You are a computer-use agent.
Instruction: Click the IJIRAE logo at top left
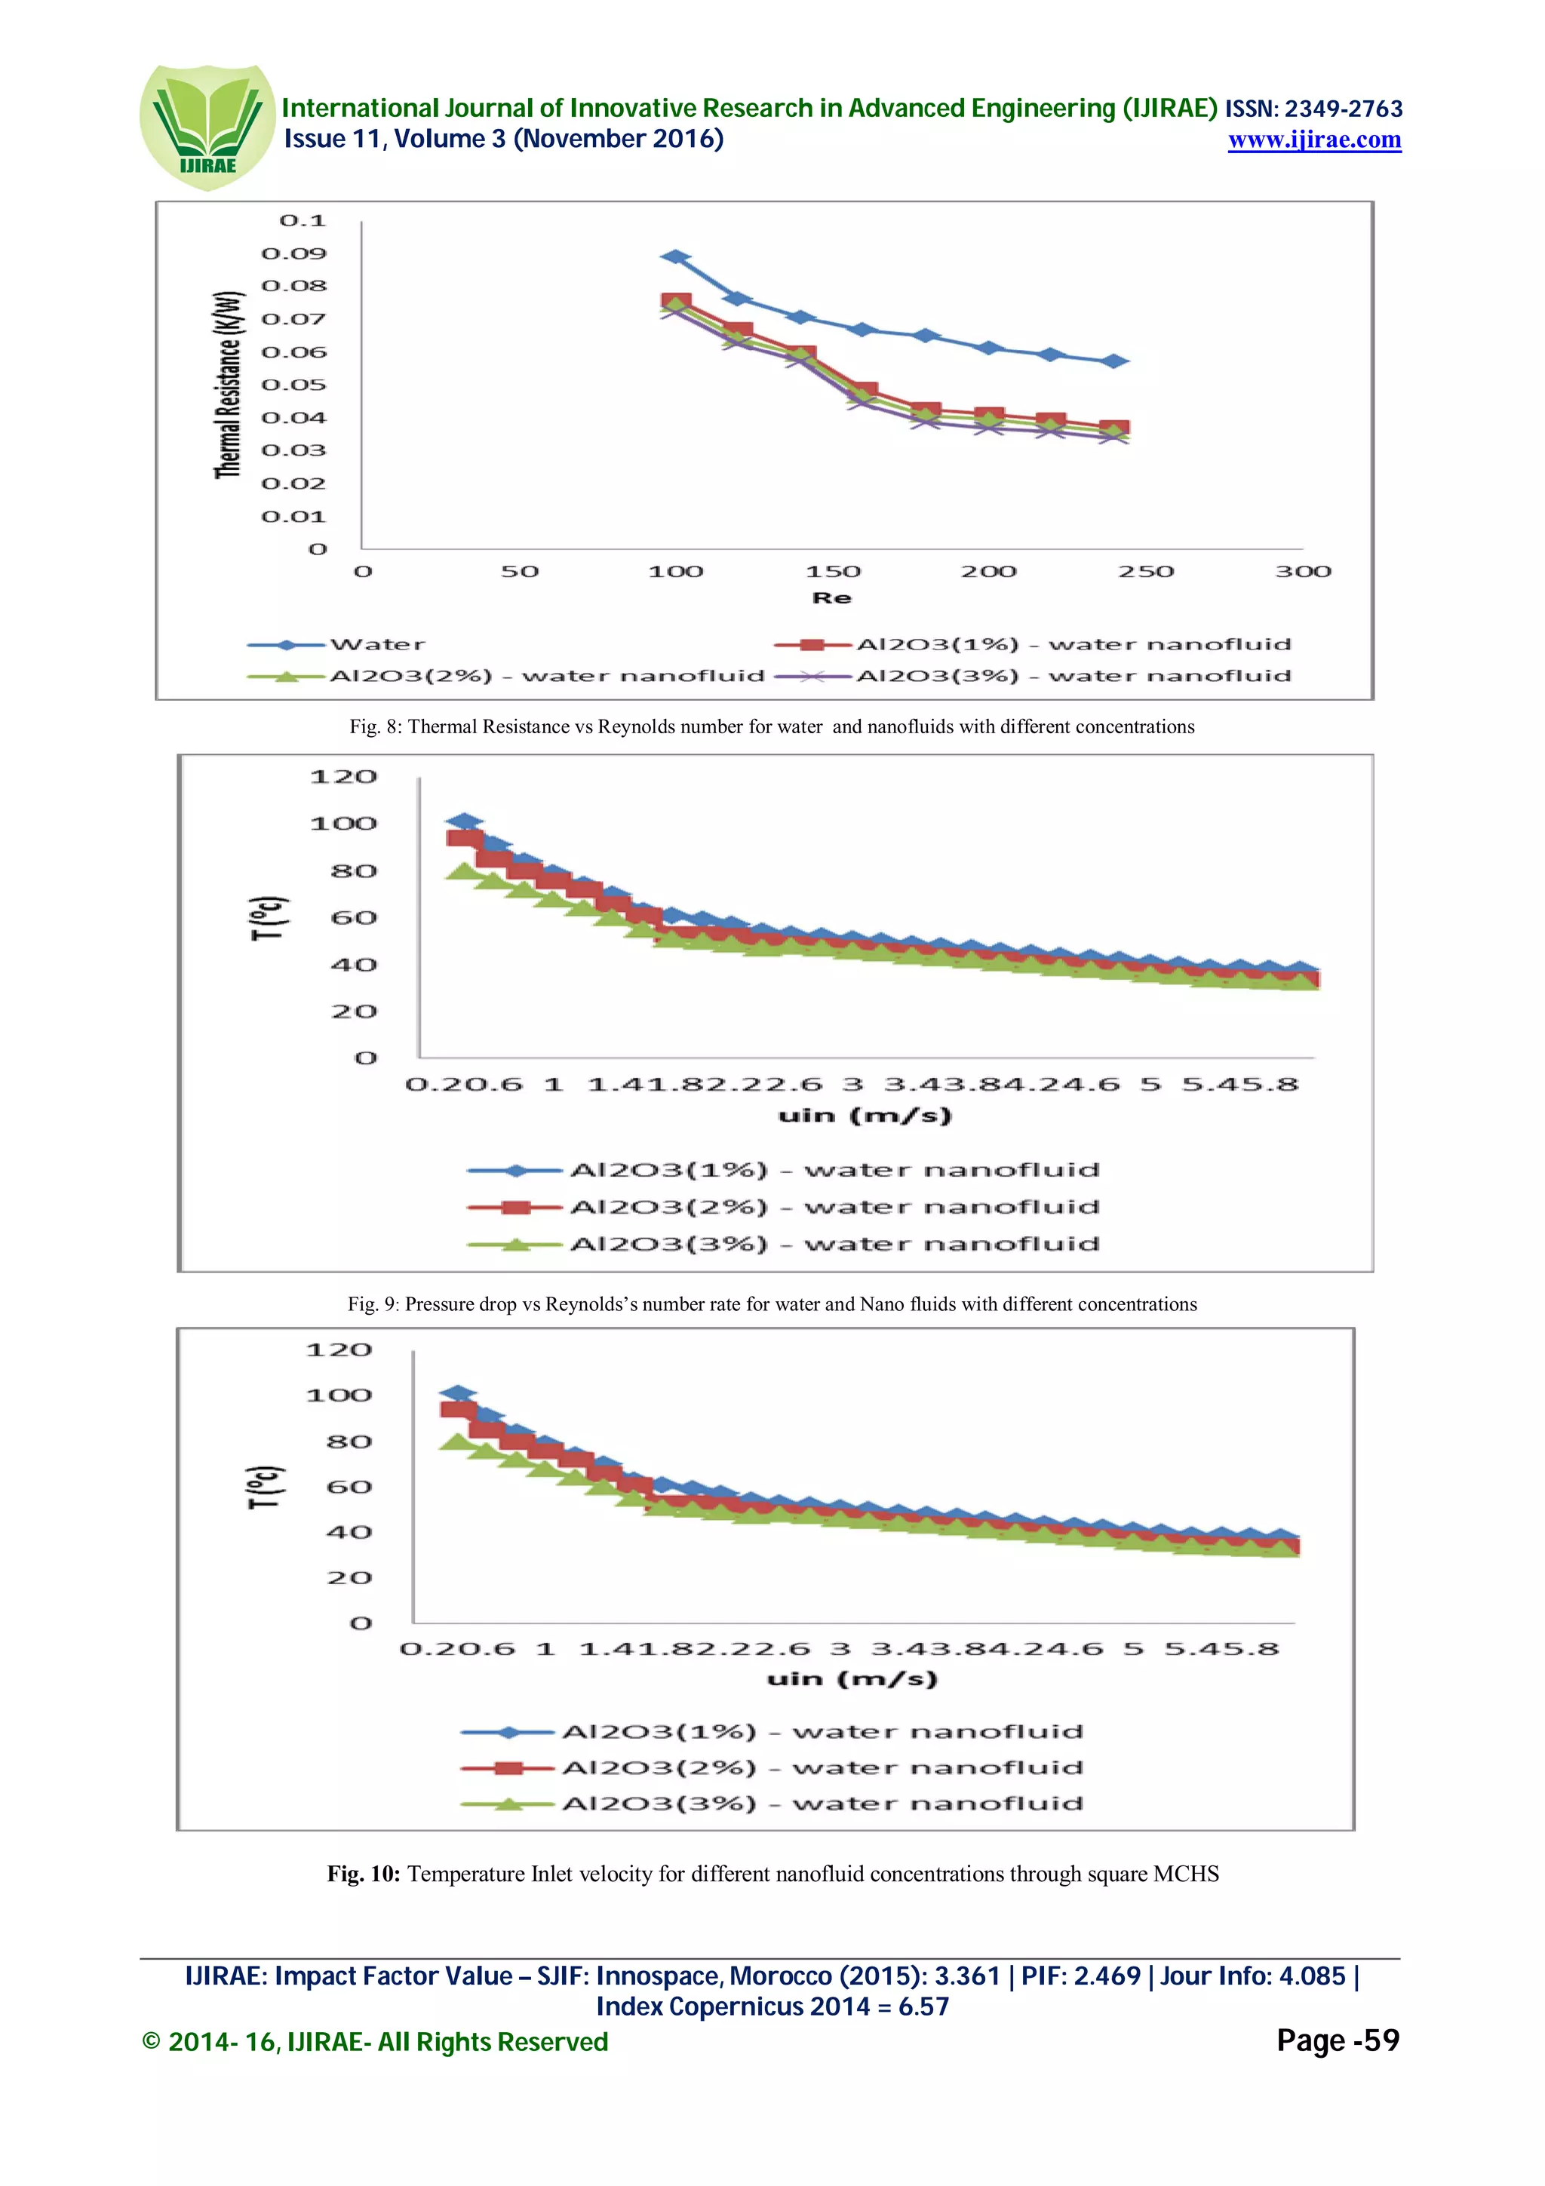pyautogui.click(x=207, y=127)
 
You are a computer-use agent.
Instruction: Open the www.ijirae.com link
pyautogui.click(x=1313, y=140)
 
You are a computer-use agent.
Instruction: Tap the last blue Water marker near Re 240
pyautogui.click(x=1113, y=361)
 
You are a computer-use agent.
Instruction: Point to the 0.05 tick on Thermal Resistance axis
pyautogui.click(x=293, y=385)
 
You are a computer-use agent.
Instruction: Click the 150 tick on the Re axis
pyautogui.click(x=833, y=571)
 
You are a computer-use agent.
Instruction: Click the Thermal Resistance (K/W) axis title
pyautogui.click(x=229, y=385)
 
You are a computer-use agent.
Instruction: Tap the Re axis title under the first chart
pyautogui.click(x=831, y=598)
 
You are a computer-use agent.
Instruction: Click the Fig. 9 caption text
pyautogui.click(x=772, y=1303)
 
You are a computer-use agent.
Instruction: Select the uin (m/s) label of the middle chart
pyautogui.click(x=865, y=1115)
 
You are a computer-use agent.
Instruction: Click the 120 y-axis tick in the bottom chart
pyautogui.click(x=338, y=1350)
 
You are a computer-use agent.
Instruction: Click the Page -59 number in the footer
pyautogui.click(x=1338, y=2040)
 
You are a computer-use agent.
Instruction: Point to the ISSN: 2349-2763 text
pyautogui.click(x=1313, y=109)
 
